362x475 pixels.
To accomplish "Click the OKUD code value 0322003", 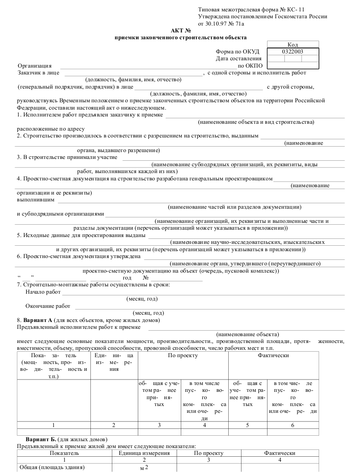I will pyautogui.click(x=293, y=52).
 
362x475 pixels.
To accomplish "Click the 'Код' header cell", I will pyautogui.click(x=293, y=45).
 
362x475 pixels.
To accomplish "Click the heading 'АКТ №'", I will pyautogui.click(x=180, y=30).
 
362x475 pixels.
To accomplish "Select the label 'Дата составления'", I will pyautogui.click(x=238, y=58).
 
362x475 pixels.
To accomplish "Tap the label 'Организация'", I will pyautogui.click(x=35, y=66).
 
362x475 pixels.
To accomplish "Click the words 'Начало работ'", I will pyautogui.click(x=43, y=292).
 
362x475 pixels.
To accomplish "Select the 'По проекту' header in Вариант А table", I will pyautogui.click(x=183, y=355).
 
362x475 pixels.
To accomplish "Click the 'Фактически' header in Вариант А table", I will pyautogui.click(x=273, y=355).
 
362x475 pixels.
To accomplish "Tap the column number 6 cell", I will pyautogui.click(x=293, y=425).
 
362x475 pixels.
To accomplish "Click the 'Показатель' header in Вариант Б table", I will pyautogui.click(x=64, y=453).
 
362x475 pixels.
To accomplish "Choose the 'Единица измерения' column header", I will pyautogui.click(x=144, y=453).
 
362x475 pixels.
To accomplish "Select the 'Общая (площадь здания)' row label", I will pyautogui.click(x=52, y=467).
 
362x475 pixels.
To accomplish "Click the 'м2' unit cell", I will pyautogui.click(x=144, y=467).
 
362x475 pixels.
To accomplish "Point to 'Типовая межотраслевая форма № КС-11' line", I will pyautogui.click(x=252, y=10).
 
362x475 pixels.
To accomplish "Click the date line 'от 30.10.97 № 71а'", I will pyautogui.click(x=221, y=23).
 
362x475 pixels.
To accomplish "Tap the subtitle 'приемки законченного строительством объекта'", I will pyautogui.click(x=180, y=37).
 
